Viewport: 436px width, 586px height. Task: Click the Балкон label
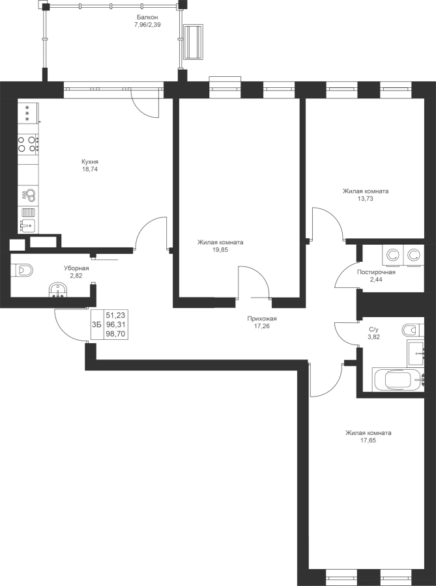pyautogui.click(x=147, y=17)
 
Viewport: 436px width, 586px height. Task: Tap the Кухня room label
pyautogui.click(x=90, y=162)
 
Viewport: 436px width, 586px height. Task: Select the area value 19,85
pyautogui.click(x=220, y=250)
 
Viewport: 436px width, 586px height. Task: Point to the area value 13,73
pyautogui.click(x=366, y=199)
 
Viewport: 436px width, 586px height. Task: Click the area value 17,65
pyautogui.click(x=368, y=441)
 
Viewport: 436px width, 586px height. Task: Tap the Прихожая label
pyautogui.click(x=262, y=319)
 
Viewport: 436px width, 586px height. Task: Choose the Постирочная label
pyautogui.click(x=376, y=272)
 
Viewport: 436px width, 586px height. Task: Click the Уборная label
pyautogui.click(x=76, y=268)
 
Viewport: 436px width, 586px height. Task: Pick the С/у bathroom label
pyautogui.click(x=374, y=329)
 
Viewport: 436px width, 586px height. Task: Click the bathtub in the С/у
pyautogui.click(x=399, y=380)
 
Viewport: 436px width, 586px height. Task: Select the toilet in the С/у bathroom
pyautogui.click(x=413, y=329)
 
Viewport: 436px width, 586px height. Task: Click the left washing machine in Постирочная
pyautogui.click(x=392, y=256)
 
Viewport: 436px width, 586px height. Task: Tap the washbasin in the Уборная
pyautogui.click(x=58, y=290)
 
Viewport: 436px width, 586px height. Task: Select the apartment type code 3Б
pyautogui.click(x=96, y=324)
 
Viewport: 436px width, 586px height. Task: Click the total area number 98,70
pyautogui.click(x=115, y=334)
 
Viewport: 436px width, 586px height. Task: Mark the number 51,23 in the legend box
pyautogui.click(x=115, y=315)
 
